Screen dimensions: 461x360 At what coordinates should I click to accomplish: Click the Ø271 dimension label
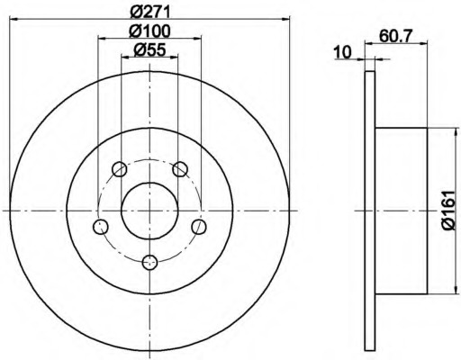pyautogui.click(x=150, y=12)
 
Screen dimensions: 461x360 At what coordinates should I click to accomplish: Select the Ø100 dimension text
pyautogui.click(x=149, y=31)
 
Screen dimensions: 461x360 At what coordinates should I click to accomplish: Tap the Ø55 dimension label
pyautogui.click(x=149, y=49)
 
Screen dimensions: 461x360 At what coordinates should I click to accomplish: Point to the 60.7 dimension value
pyautogui.click(x=396, y=36)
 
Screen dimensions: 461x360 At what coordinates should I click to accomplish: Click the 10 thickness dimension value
pyautogui.click(x=343, y=52)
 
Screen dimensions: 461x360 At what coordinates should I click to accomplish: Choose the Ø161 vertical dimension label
pyautogui.click(x=449, y=210)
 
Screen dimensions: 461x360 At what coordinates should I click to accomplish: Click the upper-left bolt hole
pyautogui.click(x=120, y=169)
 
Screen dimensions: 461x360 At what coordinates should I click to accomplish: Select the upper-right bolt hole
pyautogui.click(x=180, y=169)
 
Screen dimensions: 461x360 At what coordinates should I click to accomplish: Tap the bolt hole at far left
pyautogui.click(x=101, y=227)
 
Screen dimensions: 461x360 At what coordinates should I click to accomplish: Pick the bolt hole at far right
pyautogui.click(x=199, y=227)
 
